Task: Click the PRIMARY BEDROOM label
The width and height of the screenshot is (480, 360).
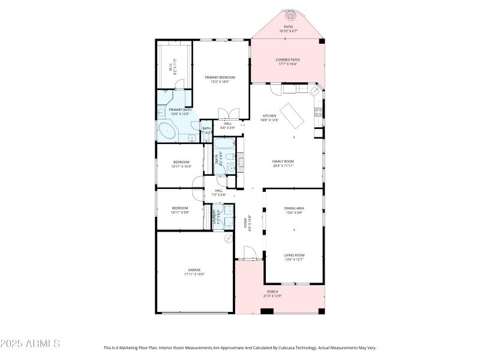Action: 220,77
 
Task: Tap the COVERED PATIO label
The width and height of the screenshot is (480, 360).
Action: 287,60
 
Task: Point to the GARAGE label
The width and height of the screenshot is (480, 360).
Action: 194,270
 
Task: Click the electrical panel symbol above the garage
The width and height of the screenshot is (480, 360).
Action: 227,239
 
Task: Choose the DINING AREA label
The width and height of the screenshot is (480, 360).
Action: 294,208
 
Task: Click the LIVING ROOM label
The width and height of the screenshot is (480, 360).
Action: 294,255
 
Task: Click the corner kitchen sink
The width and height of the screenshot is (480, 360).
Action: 314,90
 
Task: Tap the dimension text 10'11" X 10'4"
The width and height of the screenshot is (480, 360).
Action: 181,166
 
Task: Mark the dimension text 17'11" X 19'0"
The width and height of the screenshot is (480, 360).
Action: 194,274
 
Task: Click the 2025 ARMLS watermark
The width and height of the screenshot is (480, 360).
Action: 30,344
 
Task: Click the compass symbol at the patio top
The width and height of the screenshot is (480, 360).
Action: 292,15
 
